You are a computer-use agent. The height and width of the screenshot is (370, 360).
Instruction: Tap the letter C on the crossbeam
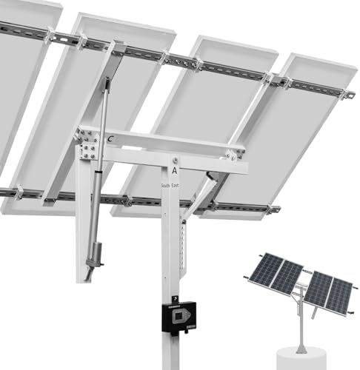110,138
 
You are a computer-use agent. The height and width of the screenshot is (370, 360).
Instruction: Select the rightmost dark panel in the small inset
339,296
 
